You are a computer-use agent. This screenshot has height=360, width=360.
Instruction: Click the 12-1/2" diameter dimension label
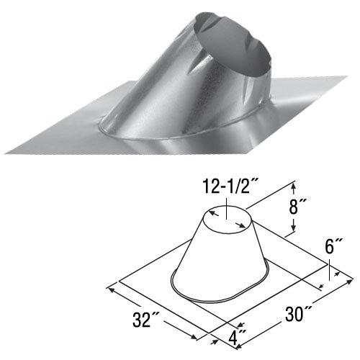click(x=225, y=189)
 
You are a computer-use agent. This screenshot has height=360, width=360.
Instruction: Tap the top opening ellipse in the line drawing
click(x=225, y=216)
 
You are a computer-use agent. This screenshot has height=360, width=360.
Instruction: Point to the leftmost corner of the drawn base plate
click(x=117, y=282)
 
